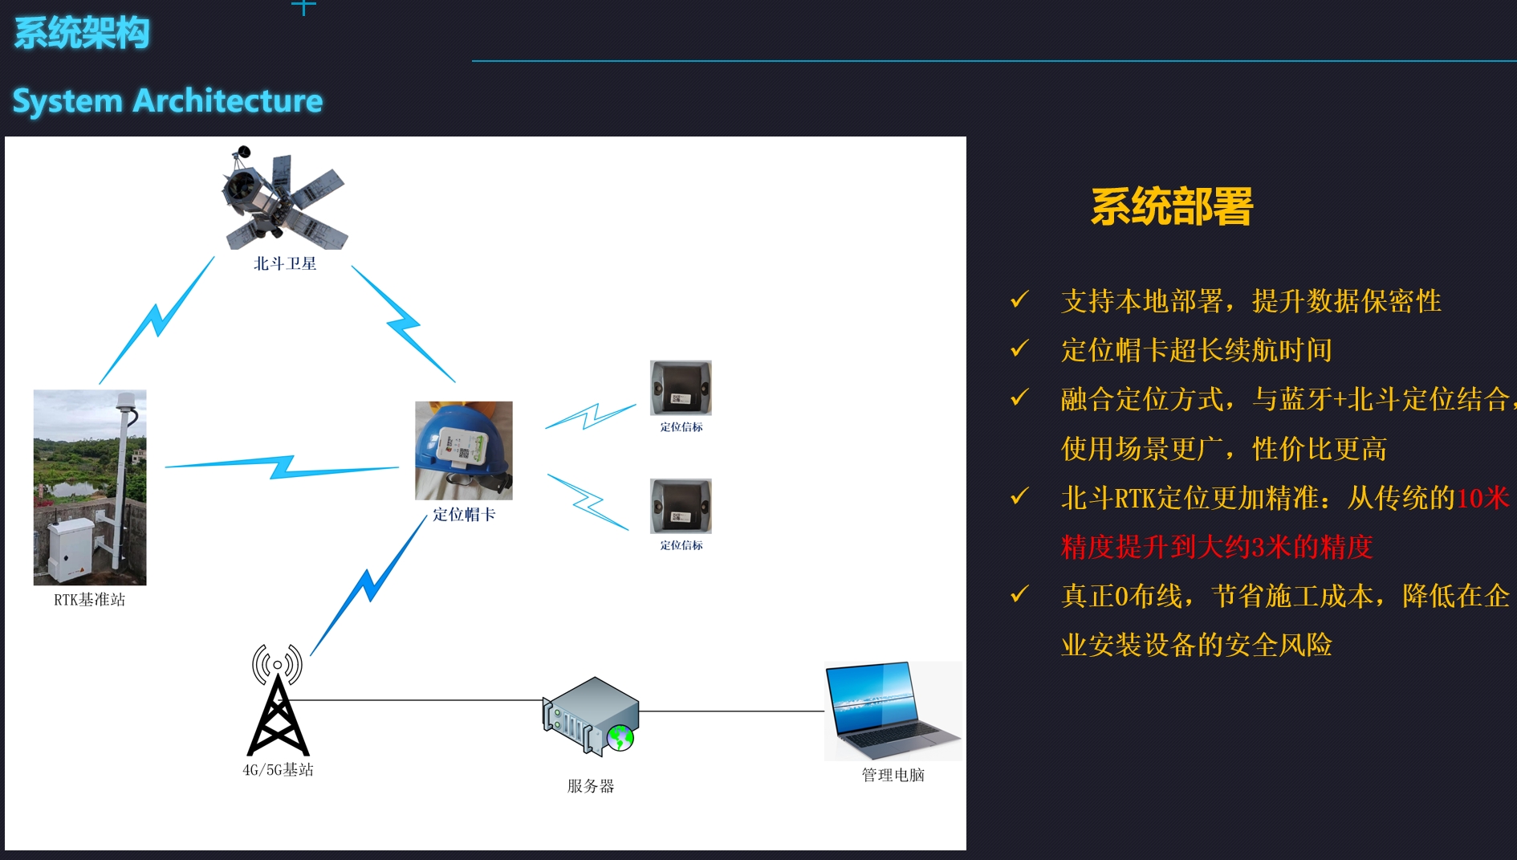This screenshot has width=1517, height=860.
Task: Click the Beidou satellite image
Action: click(284, 198)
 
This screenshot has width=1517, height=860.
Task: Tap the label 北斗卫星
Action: click(285, 263)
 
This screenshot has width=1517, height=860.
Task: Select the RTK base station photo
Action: click(90, 487)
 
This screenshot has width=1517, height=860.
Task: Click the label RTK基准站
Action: click(90, 600)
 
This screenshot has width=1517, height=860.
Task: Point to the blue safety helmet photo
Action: click(464, 450)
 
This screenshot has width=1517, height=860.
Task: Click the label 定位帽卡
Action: click(464, 515)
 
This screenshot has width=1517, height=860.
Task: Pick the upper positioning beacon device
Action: click(681, 388)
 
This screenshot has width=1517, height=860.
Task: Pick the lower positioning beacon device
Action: click(681, 507)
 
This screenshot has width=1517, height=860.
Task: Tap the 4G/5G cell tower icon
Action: click(278, 700)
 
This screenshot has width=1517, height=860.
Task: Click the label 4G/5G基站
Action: click(279, 770)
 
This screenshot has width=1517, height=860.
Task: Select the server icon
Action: click(591, 716)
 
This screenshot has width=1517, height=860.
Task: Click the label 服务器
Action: click(591, 786)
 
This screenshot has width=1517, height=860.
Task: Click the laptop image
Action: click(893, 711)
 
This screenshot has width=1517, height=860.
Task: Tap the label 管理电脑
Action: click(893, 775)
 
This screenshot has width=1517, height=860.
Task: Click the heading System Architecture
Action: click(168, 101)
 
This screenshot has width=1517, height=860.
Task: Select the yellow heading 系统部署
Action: click(1172, 206)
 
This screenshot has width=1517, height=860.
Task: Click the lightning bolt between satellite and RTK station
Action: click(157, 320)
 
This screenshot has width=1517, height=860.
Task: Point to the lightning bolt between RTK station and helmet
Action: click(282, 467)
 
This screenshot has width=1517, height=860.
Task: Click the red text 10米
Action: click(1483, 498)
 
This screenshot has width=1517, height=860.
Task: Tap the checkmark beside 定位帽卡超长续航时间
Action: click(1019, 348)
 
